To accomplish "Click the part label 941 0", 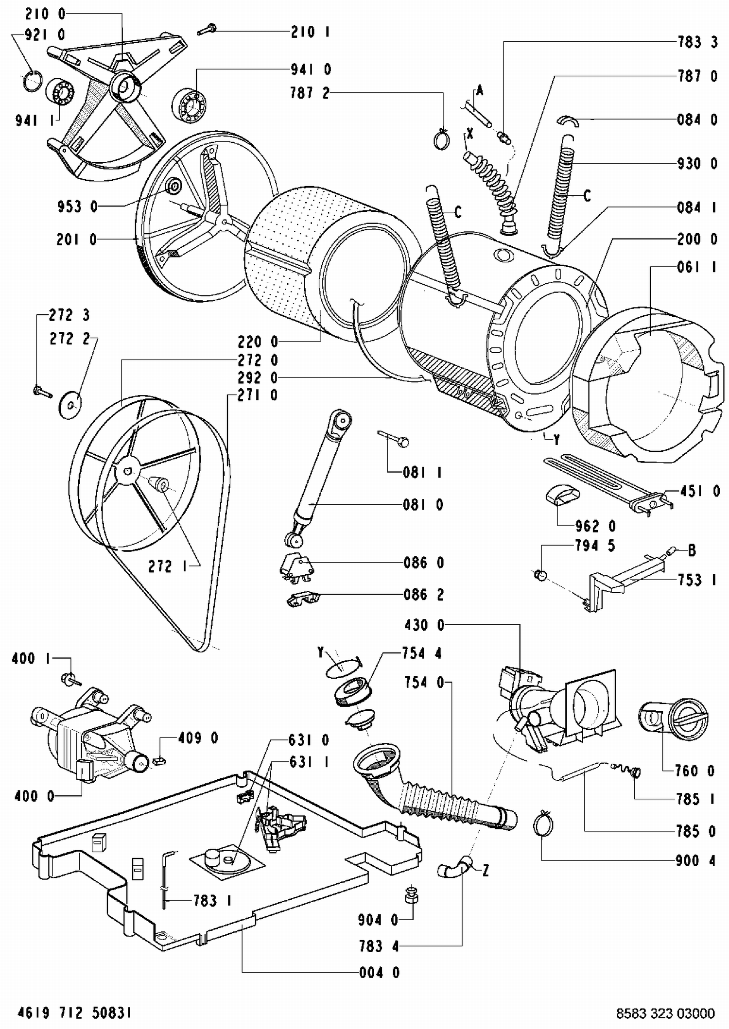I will [311, 69].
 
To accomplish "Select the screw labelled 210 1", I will [207, 30].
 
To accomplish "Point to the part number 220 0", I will [258, 342].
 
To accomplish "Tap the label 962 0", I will [595, 526].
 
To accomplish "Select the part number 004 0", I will [380, 972].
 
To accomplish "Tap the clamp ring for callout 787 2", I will [442, 139].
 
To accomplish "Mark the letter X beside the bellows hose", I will [469, 133].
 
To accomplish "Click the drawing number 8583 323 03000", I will [665, 1013].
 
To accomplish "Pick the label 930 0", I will [697, 164].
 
